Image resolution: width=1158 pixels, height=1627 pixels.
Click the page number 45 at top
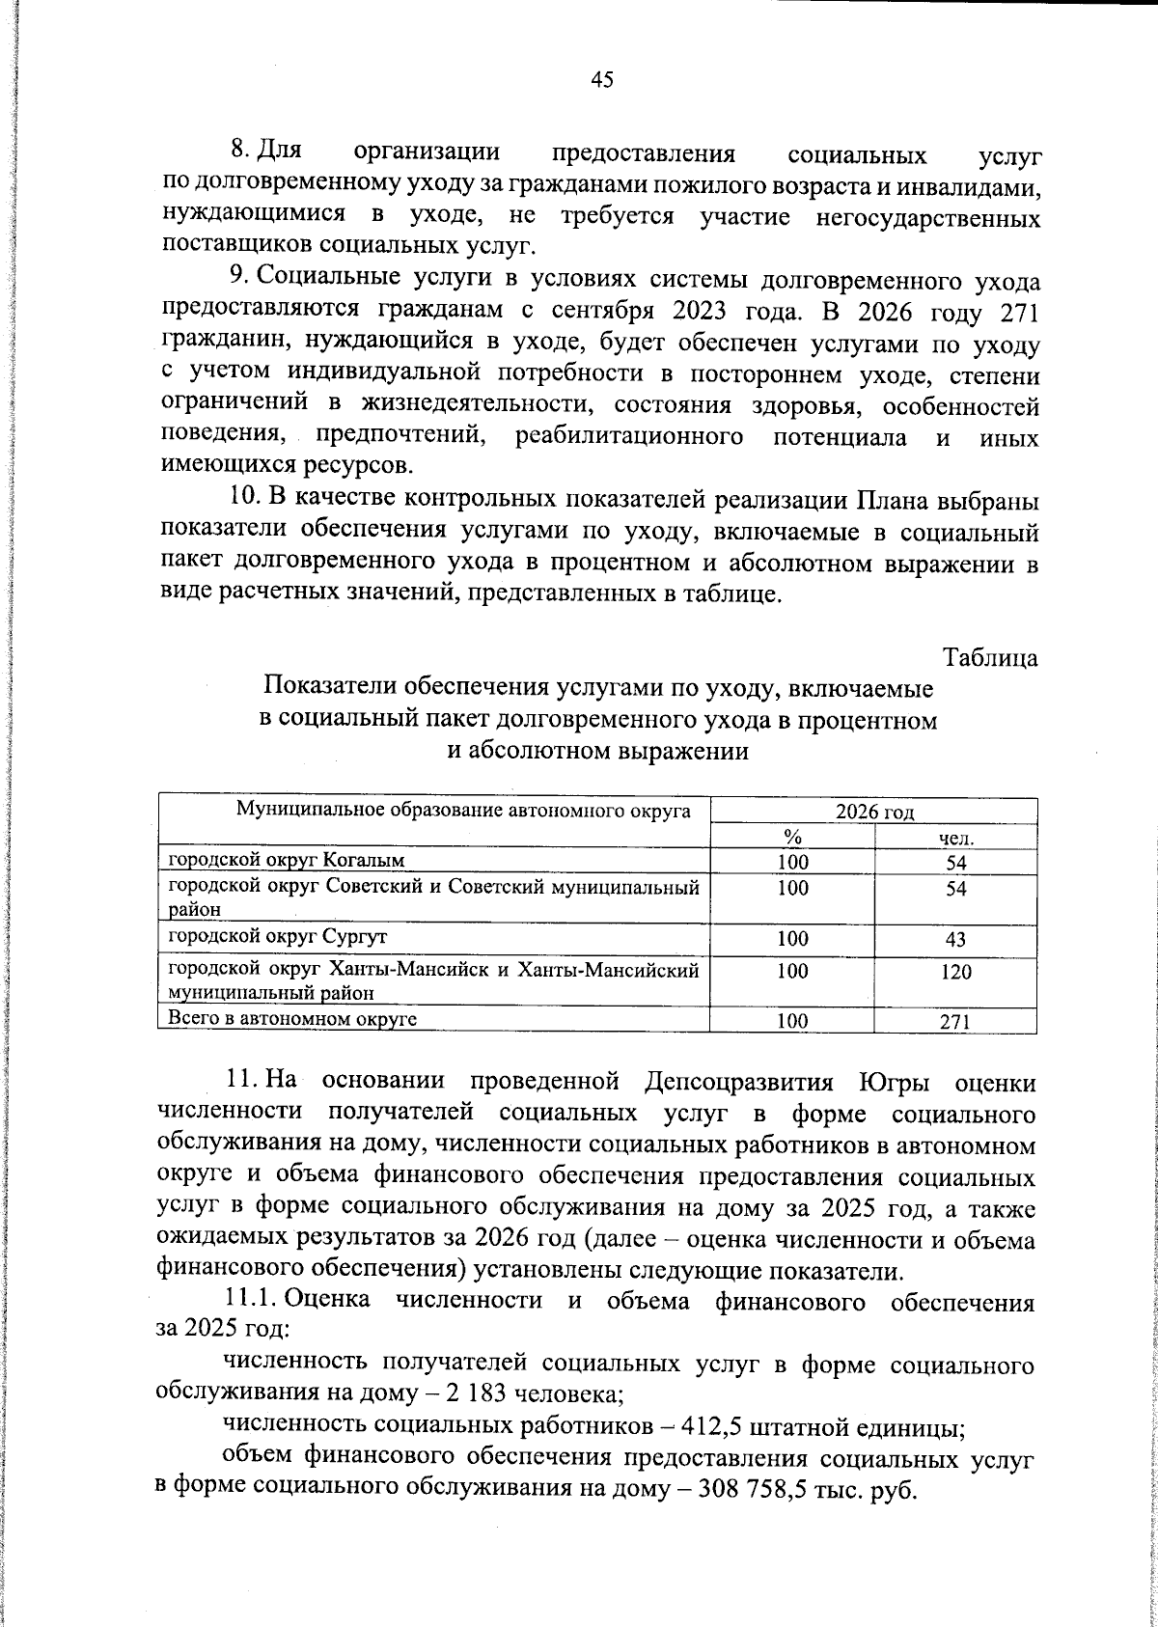(x=601, y=80)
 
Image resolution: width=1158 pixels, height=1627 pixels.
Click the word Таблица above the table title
(x=990, y=658)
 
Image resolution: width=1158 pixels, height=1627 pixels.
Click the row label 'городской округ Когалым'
(x=287, y=860)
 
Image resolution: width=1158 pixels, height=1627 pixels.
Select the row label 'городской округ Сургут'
(x=279, y=937)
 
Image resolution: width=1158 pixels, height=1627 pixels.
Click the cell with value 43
(x=955, y=940)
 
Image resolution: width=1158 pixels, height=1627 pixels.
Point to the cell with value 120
(x=955, y=973)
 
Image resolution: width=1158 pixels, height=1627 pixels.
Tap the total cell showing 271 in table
(x=955, y=1023)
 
